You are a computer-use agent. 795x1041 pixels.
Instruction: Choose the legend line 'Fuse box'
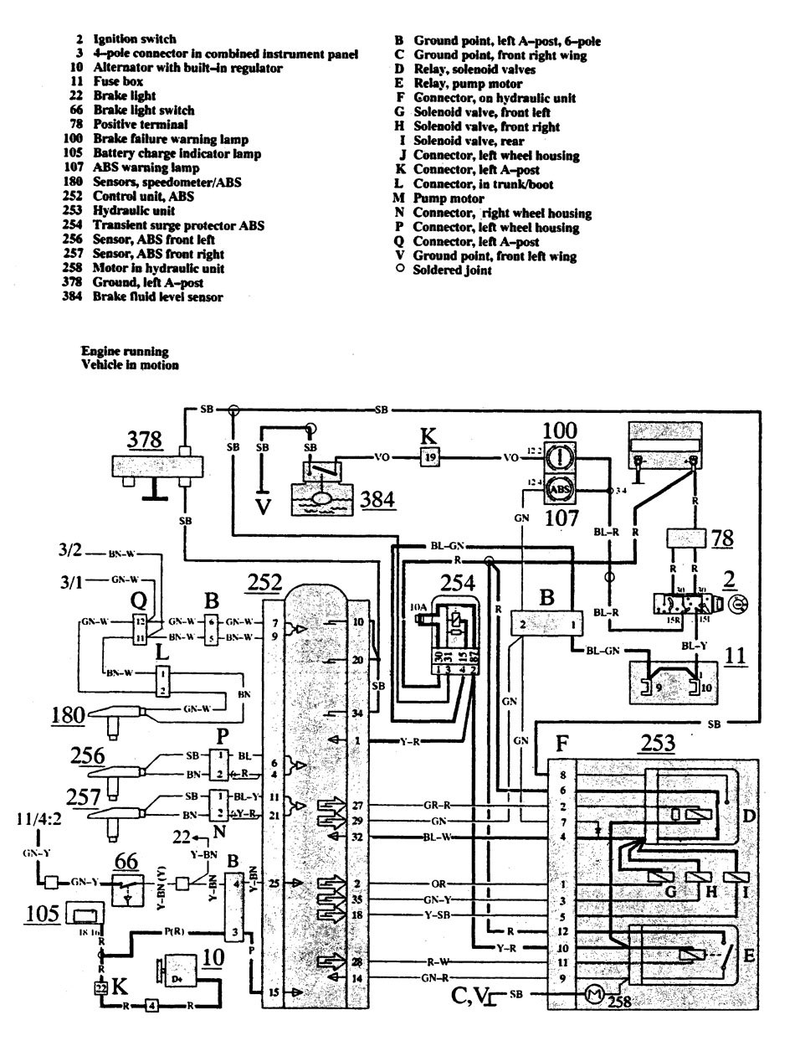tap(118, 82)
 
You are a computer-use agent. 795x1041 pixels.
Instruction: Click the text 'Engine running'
tap(125, 351)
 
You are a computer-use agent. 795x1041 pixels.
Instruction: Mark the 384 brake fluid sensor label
tap(376, 502)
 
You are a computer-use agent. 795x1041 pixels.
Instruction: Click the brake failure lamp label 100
tap(560, 432)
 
